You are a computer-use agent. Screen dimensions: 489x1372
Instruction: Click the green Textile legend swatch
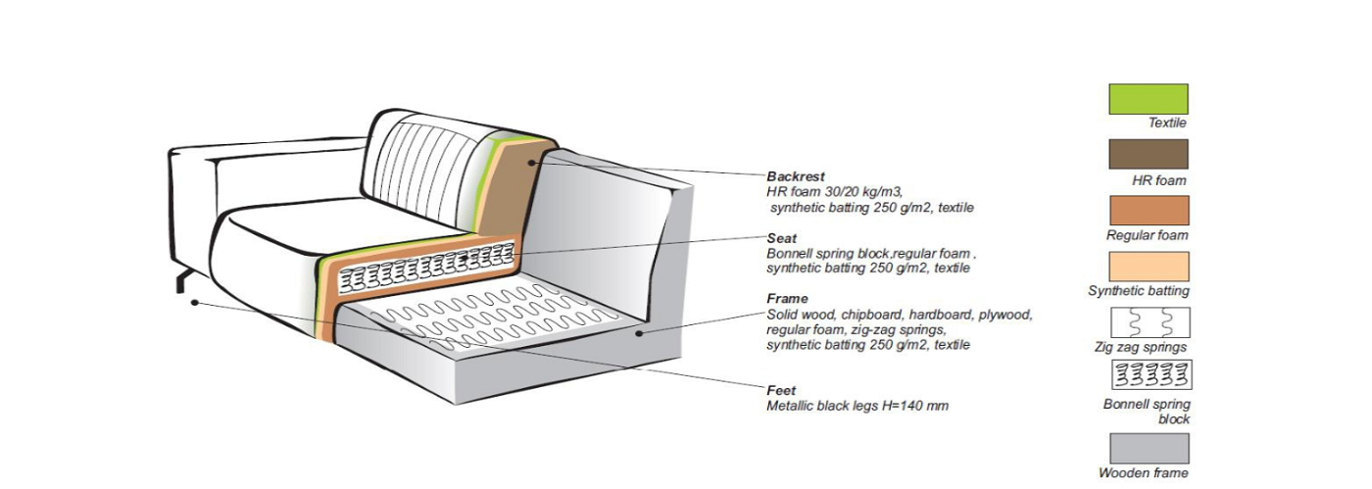[x=1149, y=99]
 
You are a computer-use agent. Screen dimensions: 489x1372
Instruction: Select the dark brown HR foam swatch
[x=1149, y=154]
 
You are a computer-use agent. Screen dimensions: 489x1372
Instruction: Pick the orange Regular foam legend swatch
[x=1149, y=211]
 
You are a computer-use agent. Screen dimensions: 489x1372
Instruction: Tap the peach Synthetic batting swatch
[x=1149, y=267]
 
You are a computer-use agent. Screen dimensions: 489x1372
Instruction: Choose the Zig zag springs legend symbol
[x=1149, y=322]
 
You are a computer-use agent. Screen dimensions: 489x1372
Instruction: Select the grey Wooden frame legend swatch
[x=1149, y=448]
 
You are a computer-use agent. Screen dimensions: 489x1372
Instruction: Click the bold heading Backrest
[x=795, y=176]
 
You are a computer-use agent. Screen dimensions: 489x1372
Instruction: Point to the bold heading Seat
[x=781, y=237]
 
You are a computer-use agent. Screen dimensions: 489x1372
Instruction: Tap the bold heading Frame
[x=787, y=298]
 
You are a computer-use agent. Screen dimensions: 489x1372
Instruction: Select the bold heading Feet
[x=781, y=390]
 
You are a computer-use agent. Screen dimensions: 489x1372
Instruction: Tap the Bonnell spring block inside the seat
[x=428, y=268]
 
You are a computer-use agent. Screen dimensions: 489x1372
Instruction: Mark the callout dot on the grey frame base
[x=639, y=333]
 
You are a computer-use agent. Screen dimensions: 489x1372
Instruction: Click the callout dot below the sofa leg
[x=195, y=302]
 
